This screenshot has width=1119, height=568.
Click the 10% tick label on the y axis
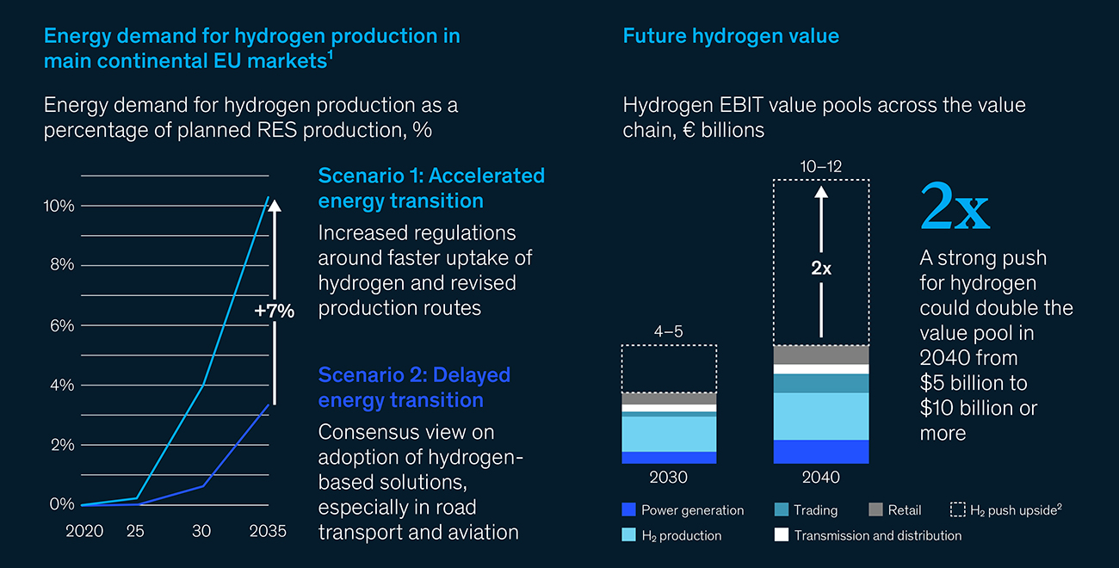(x=59, y=206)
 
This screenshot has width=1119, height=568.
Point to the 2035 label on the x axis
(x=268, y=530)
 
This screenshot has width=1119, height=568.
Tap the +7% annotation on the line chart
(x=275, y=311)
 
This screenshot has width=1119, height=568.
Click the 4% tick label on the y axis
(x=62, y=386)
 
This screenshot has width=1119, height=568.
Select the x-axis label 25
(x=135, y=530)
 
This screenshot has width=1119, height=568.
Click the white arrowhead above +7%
(x=275, y=206)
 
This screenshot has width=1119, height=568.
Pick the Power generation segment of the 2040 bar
(x=821, y=452)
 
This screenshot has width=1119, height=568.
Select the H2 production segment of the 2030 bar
(x=669, y=434)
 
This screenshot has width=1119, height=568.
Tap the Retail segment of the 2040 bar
(x=821, y=355)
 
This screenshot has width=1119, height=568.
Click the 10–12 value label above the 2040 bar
(x=821, y=166)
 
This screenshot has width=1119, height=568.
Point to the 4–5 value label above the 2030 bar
(x=669, y=331)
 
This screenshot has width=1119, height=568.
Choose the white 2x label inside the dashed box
(x=821, y=269)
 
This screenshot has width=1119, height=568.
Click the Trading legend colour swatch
(x=782, y=509)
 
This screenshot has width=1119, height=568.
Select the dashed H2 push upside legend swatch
(x=958, y=509)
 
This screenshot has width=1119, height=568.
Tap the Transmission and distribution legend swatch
(x=782, y=535)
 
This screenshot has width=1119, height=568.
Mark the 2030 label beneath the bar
(x=669, y=477)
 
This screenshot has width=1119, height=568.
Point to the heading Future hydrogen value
(x=731, y=36)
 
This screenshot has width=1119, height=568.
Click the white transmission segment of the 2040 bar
(x=821, y=370)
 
